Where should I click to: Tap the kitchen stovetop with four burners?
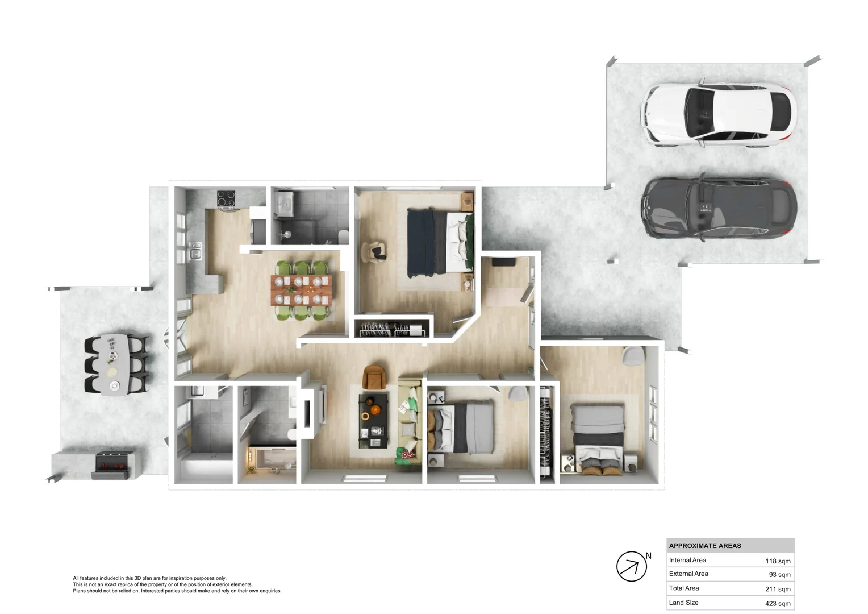click(226, 199)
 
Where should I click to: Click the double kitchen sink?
click(195, 250)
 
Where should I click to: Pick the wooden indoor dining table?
click(301, 290)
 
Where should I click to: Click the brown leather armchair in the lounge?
click(374, 376)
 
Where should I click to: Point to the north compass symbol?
click(632, 566)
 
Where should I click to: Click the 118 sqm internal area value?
click(777, 561)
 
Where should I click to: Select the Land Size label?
click(683, 603)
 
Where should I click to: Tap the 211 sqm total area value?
click(777, 589)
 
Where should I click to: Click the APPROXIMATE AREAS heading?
click(705, 546)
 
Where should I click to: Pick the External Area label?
click(688, 574)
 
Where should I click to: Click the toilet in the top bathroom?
click(343, 235)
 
